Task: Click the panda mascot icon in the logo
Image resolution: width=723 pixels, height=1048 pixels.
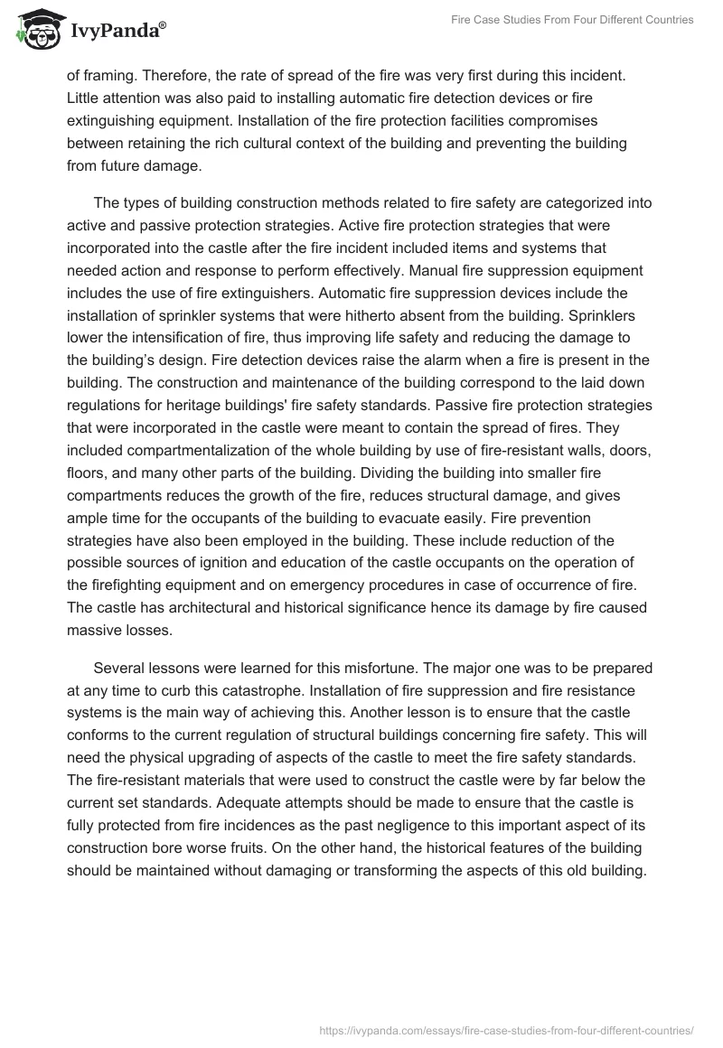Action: [36, 31]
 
